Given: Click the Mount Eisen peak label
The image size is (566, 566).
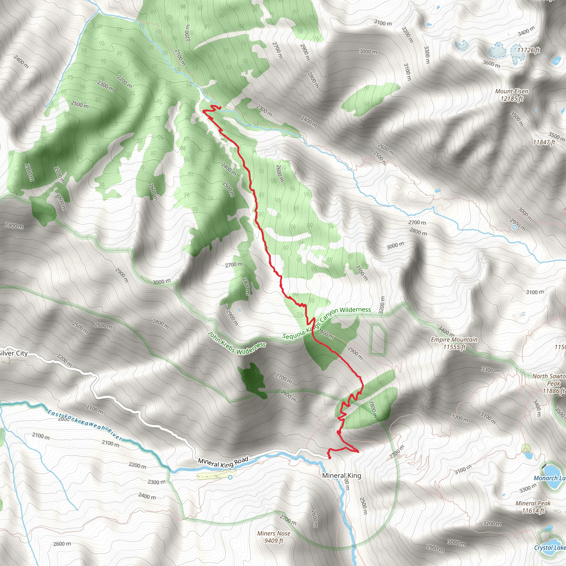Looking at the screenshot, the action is tap(512, 95).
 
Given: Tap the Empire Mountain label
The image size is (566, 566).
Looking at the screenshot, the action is tap(454, 343).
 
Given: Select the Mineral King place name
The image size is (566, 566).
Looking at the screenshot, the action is tap(342, 475).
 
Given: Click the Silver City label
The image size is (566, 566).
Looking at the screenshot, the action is tap(14, 353).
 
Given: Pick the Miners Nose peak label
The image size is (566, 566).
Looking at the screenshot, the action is tap(274, 537).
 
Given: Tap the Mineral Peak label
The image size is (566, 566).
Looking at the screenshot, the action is tap(533, 507).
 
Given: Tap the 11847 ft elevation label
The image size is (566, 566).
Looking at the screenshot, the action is tap(544, 142).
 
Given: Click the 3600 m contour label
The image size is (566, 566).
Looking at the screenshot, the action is tap(492, 64).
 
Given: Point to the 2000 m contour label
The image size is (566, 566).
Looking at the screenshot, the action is tap(64, 419).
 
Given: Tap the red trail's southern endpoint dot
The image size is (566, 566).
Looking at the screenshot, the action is tap(330, 458).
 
